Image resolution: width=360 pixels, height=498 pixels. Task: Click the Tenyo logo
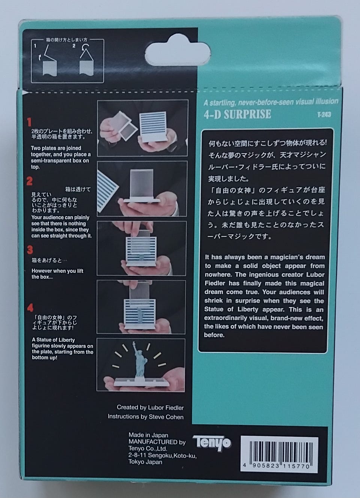212,443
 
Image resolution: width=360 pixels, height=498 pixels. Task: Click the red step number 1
29,122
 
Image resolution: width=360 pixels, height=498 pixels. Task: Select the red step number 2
29,181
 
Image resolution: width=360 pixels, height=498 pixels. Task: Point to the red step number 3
30,250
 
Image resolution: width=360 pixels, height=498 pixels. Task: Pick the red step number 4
30,308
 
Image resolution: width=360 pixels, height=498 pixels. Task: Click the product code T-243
324,115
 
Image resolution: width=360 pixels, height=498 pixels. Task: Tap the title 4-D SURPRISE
237,114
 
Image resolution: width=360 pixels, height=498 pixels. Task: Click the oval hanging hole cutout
177,53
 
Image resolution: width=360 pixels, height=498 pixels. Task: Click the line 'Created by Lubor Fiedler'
150,408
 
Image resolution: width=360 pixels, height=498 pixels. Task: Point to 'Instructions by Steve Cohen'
146,417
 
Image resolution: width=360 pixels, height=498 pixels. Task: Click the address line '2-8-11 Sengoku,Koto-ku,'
162,456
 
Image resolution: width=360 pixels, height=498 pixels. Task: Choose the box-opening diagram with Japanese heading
67,60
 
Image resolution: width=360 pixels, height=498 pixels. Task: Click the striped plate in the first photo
153,127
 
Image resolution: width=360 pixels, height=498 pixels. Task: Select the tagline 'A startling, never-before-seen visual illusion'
271,102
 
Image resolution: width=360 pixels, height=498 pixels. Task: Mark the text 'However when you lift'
57,271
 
